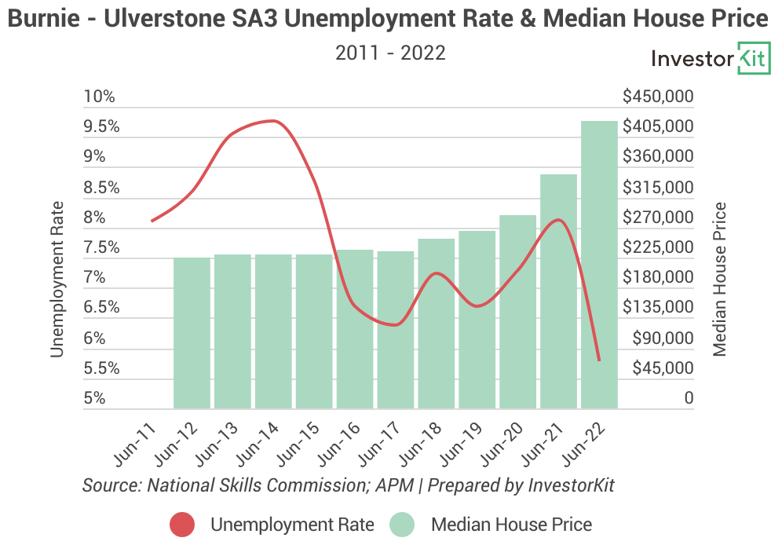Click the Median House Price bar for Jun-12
click(x=192, y=333)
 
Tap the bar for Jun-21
click(x=558, y=291)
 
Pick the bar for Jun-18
click(x=436, y=324)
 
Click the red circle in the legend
click(x=182, y=524)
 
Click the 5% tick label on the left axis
click(x=94, y=398)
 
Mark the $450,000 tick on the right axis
click(x=658, y=97)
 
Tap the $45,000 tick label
click(x=662, y=368)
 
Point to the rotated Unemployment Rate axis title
click(x=57, y=279)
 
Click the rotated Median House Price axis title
click(x=720, y=279)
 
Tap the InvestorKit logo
click(x=711, y=59)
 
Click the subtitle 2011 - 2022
click(x=390, y=53)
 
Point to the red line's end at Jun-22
click(x=599, y=360)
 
